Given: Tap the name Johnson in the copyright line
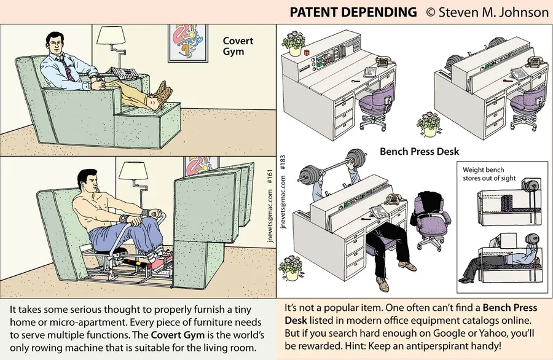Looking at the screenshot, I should click(x=522, y=12).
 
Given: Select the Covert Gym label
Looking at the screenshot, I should click(x=233, y=47).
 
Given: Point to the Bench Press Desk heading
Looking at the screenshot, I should click(x=419, y=151).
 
